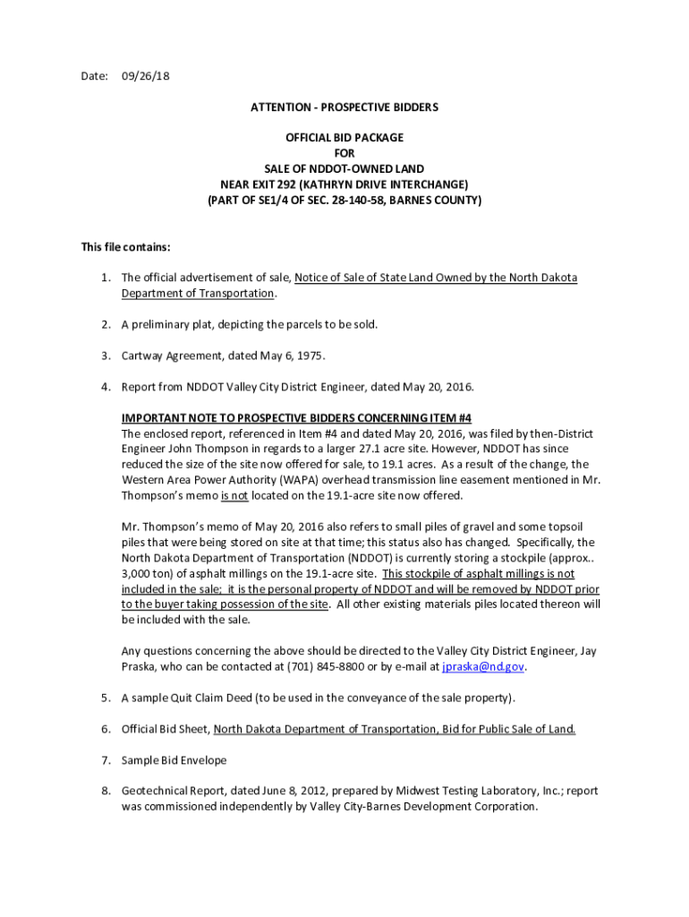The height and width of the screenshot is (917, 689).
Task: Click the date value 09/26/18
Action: [145, 76]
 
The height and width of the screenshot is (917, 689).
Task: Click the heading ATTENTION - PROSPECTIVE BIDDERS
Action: [344, 107]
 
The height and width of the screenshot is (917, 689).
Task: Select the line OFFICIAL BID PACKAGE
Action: [344, 138]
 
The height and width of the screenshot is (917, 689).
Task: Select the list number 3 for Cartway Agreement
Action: [106, 356]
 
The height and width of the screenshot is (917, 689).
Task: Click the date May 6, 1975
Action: [293, 356]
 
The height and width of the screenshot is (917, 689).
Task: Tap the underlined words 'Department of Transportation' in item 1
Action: [198, 294]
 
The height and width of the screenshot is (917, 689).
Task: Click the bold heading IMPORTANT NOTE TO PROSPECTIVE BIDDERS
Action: [296, 418]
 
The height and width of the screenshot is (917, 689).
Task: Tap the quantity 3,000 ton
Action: [149, 573]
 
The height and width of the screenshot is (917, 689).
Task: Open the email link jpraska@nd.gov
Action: [483, 666]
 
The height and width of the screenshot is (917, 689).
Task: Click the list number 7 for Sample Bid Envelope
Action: [106, 760]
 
